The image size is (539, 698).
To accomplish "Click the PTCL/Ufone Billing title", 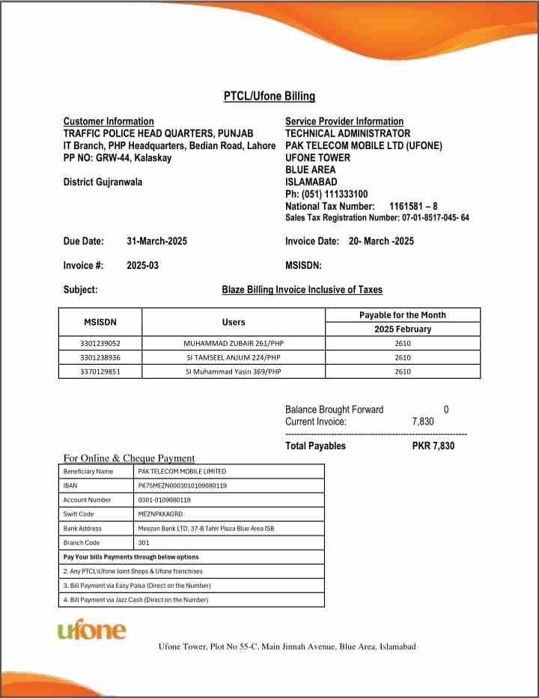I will point(269,96).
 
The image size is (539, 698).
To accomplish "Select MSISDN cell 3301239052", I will point(100,343).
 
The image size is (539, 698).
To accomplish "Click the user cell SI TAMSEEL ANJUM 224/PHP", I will point(234,357).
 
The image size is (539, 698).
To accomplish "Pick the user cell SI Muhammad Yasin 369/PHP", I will point(234,371).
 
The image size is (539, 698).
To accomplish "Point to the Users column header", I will point(234,322).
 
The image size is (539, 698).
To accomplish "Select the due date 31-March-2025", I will point(156,241).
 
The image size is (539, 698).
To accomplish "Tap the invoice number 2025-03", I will point(142,265).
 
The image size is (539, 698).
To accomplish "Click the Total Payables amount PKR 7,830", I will point(433,446).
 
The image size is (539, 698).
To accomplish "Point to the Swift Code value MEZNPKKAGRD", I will point(160,514).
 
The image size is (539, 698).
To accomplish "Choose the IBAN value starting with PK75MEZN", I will point(183,485).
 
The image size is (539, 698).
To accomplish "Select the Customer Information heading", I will point(109,121).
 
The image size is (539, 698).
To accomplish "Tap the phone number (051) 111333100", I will point(332,194).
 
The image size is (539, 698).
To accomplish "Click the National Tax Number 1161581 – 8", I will point(413,206).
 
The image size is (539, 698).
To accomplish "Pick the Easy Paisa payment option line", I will point(136,585).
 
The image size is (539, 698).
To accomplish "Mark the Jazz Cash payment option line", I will point(135,599).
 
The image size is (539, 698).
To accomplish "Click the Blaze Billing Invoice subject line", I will point(302,290).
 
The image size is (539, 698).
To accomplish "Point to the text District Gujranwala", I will point(103,182).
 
